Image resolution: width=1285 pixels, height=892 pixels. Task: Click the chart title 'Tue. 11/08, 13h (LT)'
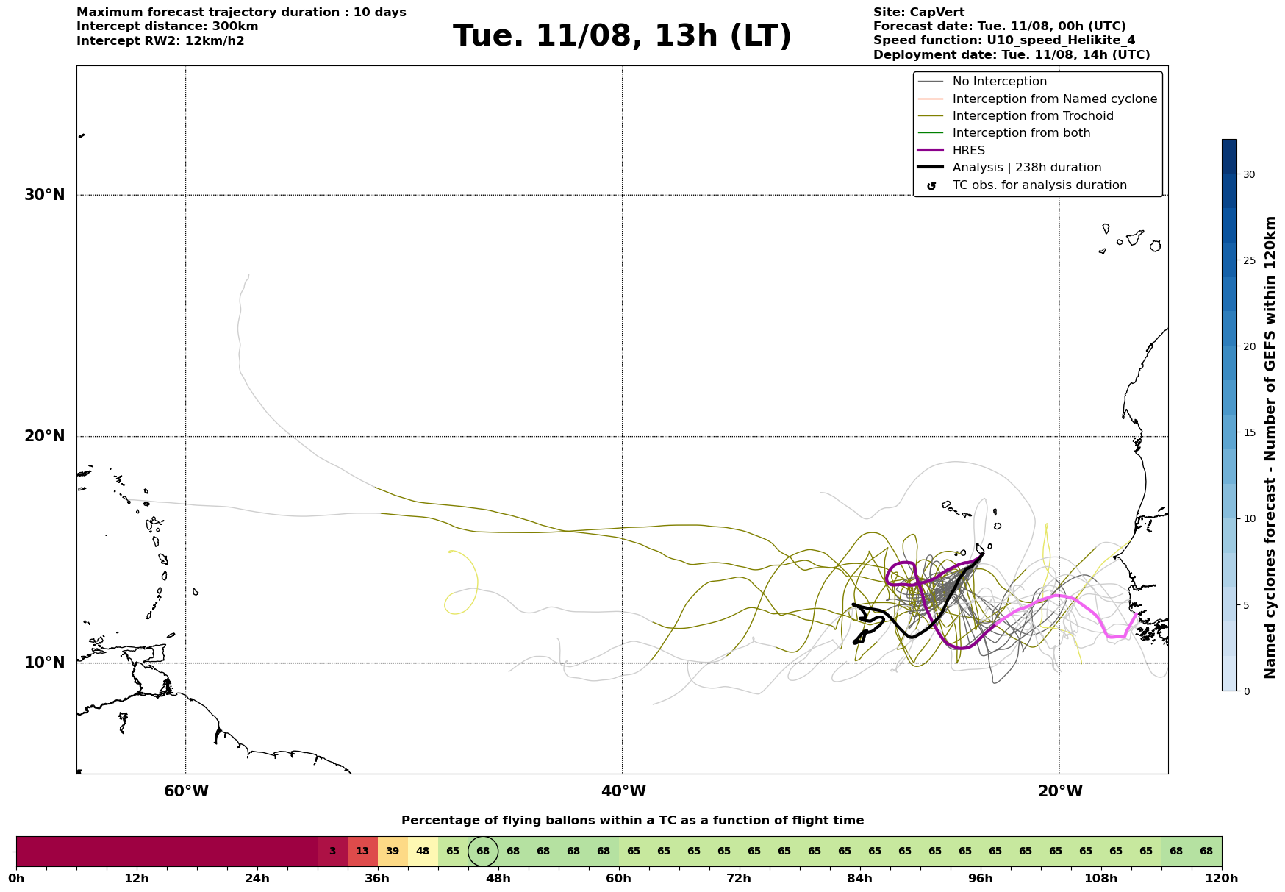pyautogui.click(x=622, y=36)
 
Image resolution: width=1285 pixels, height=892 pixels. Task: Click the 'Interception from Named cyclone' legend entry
pyautogui.click(x=1037, y=99)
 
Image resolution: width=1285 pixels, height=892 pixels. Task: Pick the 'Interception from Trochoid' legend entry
pyautogui.click(x=1015, y=116)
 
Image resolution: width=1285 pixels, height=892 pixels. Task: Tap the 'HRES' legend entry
pyautogui.click(x=951, y=151)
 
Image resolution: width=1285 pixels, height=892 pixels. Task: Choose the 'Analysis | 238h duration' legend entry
pyautogui.click(x=1009, y=168)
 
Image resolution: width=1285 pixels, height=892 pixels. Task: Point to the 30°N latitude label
pyautogui.click(x=45, y=195)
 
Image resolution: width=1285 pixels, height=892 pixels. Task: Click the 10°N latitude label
pyautogui.click(x=45, y=663)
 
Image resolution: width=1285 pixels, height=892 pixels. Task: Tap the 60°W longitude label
pyautogui.click(x=186, y=791)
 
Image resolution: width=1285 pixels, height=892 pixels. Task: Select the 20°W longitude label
pyautogui.click(x=1059, y=791)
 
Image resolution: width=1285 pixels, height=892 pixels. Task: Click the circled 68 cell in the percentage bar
pyautogui.click(x=483, y=852)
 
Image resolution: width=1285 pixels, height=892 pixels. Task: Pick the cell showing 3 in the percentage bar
pyautogui.click(x=332, y=852)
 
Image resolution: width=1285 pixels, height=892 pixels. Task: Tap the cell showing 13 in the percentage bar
pyautogui.click(x=362, y=852)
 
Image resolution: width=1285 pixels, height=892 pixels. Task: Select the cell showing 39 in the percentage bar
pyautogui.click(x=393, y=852)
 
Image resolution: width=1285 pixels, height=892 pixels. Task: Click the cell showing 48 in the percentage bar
pyautogui.click(x=423, y=852)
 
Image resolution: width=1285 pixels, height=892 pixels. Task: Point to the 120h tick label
pyautogui.click(x=1222, y=879)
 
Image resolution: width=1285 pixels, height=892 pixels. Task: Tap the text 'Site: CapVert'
pyautogui.click(x=919, y=13)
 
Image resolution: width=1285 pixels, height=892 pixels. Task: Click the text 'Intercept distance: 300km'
pyautogui.click(x=168, y=26)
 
